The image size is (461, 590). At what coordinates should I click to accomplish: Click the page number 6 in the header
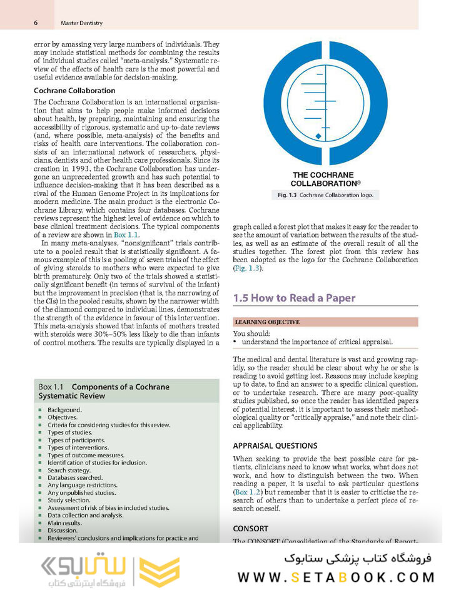click(36, 23)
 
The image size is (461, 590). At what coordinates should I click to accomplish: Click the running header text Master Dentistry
click(81, 23)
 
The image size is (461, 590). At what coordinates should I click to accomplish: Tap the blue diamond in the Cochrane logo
click(318, 136)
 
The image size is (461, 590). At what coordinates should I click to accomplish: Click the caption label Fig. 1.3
click(290, 195)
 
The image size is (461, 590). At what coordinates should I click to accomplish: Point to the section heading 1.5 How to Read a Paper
click(294, 298)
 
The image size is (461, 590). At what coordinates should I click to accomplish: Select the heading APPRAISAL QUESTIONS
click(275, 446)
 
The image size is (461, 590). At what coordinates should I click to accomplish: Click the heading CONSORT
click(251, 529)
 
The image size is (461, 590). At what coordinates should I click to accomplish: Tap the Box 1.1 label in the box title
click(52, 387)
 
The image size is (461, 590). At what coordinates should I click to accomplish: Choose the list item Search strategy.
click(69, 470)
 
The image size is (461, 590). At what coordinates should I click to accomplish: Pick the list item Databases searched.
click(74, 477)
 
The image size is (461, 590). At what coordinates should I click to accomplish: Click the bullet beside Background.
click(40, 410)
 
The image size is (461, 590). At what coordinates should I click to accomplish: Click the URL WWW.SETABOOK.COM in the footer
click(345, 577)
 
